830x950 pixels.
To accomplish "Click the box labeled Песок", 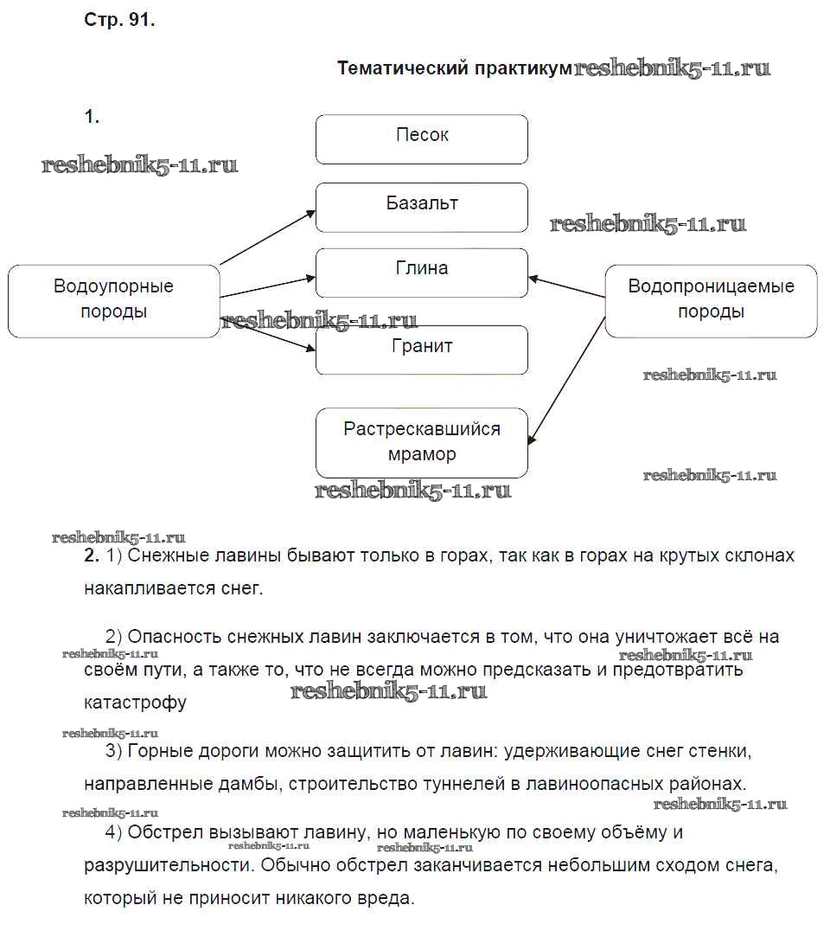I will coord(422,138).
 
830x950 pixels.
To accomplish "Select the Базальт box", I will coord(422,207).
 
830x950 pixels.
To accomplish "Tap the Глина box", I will coord(422,273).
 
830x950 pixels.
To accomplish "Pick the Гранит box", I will coord(422,350).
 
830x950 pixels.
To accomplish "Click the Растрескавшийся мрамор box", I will coord(422,442).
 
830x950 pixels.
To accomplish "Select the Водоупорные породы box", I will coord(113,300).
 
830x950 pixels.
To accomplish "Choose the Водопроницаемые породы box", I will coord(711,300).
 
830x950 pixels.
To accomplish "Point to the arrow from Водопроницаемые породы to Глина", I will coord(567,288).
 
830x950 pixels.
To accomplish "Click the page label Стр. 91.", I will coord(119,22).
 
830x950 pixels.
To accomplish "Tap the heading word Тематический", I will coord(403,68).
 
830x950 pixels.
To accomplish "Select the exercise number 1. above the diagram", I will coord(93,117).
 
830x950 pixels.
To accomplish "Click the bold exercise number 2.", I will coord(93,556).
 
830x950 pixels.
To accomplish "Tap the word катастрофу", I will coord(136,702).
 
